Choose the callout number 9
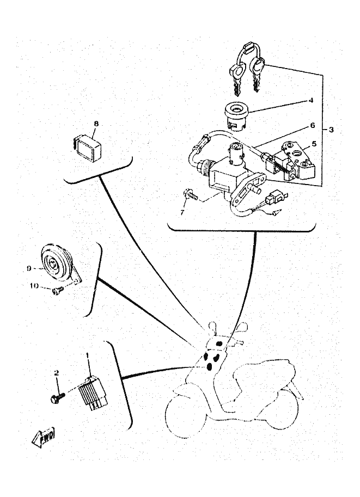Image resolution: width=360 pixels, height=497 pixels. pyautogui.click(x=29, y=268)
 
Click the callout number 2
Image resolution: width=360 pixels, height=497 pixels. pyautogui.click(x=56, y=373)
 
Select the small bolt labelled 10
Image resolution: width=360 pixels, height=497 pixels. pyautogui.click(x=57, y=291)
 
